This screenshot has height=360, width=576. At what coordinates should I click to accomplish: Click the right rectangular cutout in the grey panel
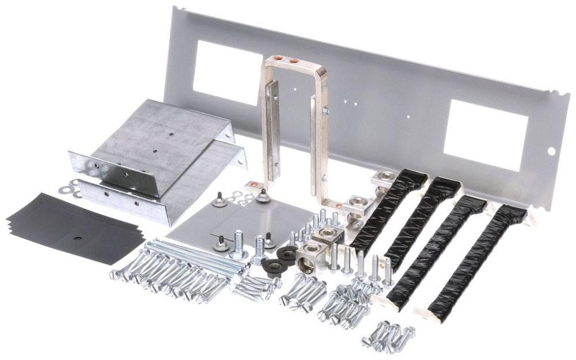pyautogui.click(x=487, y=134)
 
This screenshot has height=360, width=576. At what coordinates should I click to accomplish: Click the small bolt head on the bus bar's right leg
pyautogui.click(x=325, y=111)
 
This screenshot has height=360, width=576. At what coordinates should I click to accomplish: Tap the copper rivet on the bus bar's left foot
pyautogui.click(x=255, y=185)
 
